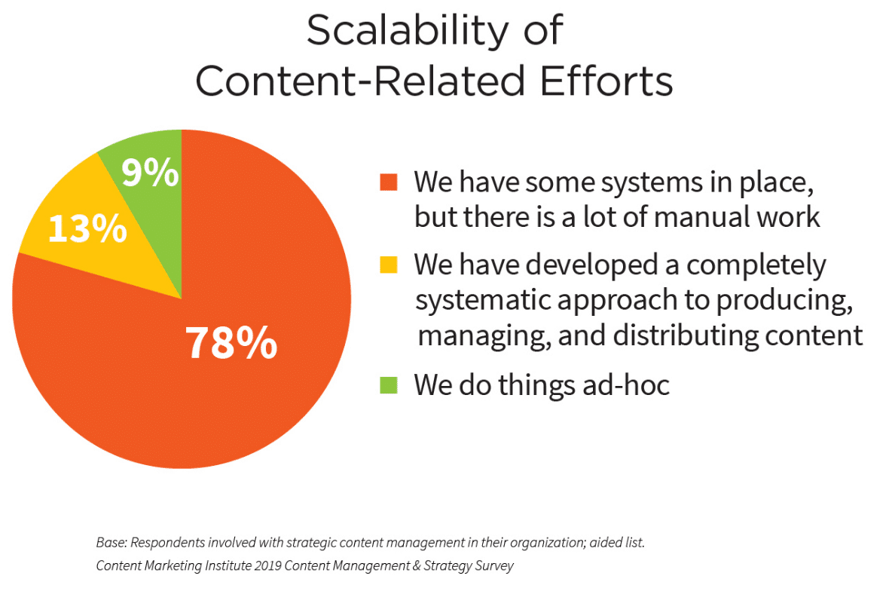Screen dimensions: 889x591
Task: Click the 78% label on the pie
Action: pyautogui.click(x=231, y=343)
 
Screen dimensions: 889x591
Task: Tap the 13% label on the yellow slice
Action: pyautogui.click(x=88, y=228)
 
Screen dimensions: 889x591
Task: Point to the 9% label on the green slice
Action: pyautogui.click(x=150, y=173)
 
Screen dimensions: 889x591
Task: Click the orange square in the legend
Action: pyautogui.click(x=388, y=182)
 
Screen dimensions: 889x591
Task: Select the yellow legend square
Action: pyautogui.click(x=388, y=265)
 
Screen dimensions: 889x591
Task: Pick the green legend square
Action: pyautogui.click(x=388, y=385)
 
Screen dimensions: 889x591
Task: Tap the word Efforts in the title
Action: pyautogui.click(x=606, y=81)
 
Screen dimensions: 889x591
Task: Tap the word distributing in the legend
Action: pyautogui.click(x=686, y=335)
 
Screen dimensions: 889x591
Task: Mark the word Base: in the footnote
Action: pyautogui.click(x=112, y=542)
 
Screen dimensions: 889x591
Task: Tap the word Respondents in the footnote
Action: pyautogui.click(x=167, y=543)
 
